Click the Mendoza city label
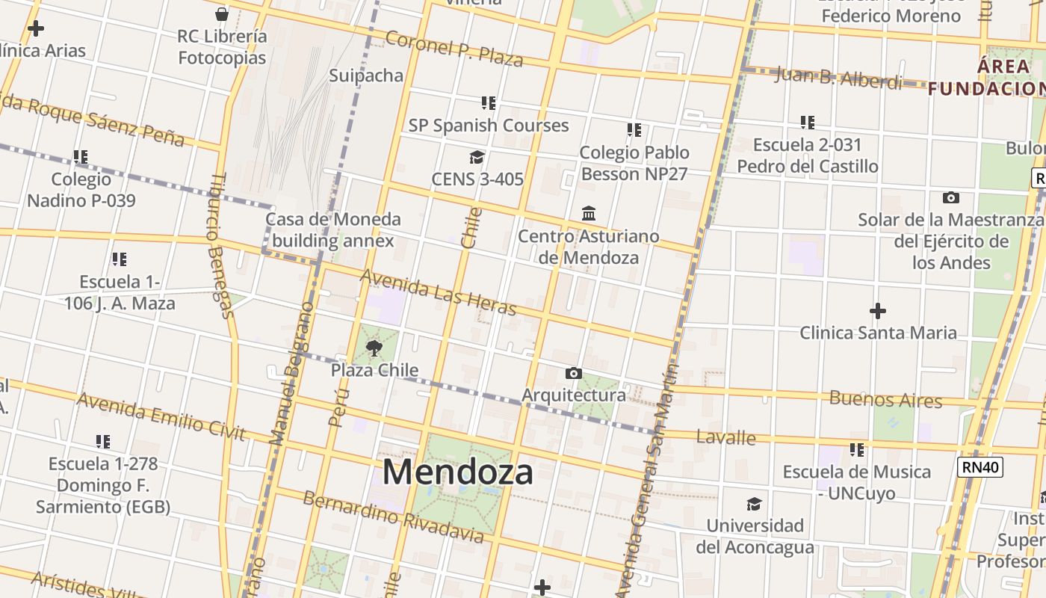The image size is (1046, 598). (458, 472)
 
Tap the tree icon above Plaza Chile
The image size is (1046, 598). (374, 348)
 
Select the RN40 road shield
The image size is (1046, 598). (980, 467)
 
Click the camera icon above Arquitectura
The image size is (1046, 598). (574, 373)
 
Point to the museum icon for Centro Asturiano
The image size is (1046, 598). (589, 214)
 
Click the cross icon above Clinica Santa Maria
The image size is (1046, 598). (878, 310)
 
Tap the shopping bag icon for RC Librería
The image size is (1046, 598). (222, 13)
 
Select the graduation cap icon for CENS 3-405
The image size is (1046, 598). (477, 157)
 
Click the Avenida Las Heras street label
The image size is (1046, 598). (438, 292)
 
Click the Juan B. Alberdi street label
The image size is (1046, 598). (838, 77)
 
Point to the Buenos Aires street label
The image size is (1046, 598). (885, 398)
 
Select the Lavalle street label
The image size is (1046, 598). (725, 437)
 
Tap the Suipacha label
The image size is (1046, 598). (366, 75)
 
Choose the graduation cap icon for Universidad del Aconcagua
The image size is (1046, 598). (754, 504)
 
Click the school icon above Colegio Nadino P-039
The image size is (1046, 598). (81, 157)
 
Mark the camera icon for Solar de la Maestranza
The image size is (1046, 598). (950, 198)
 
